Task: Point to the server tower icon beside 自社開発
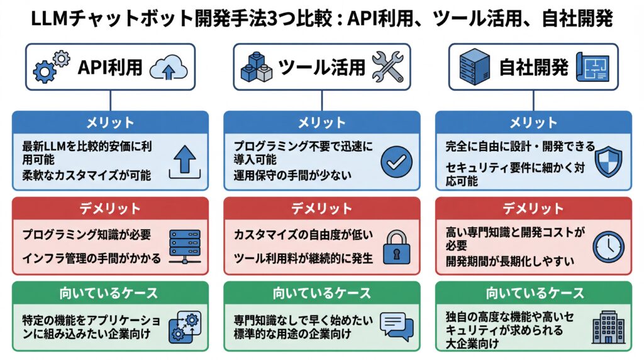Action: click(x=474, y=67)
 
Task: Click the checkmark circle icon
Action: click(x=396, y=162)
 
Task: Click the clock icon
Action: click(x=608, y=246)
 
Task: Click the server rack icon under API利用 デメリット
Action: click(x=184, y=246)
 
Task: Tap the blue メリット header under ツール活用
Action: click(x=321, y=122)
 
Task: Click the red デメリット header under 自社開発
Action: click(x=533, y=208)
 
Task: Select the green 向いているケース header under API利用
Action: click(x=109, y=293)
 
